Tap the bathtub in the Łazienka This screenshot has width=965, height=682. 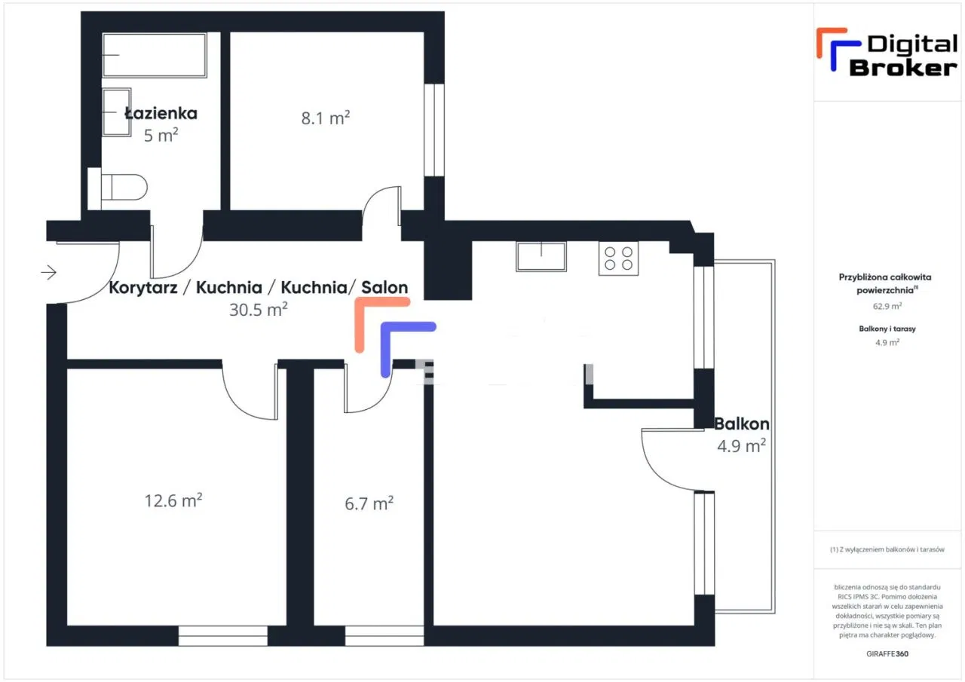click(x=155, y=55)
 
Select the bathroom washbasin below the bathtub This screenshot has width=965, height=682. click(x=117, y=112)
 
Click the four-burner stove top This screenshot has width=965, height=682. click(x=619, y=258)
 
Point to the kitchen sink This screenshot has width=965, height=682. click(x=541, y=257)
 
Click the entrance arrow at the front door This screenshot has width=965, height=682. click(x=49, y=272)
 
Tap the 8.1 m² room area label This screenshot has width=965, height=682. click(x=326, y=118)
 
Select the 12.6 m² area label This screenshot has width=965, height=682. click(x=173, y=500)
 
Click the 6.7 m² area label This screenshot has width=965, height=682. click(x=369, y=503)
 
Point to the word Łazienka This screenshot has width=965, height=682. click(x=161, y=113)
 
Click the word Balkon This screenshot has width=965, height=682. click(x=741, y=424)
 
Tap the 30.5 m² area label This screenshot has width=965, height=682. click(x=259, y=310)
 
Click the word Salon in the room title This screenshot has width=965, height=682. click(x=384, y=287)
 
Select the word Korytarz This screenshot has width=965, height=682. click(x=143, y=288)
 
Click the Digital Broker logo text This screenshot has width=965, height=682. click(x=903, y=56)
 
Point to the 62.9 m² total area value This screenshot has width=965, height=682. click(x=887, y=306)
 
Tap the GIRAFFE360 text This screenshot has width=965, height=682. click(x=887, y=653)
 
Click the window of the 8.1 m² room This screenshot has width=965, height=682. click(x=434, y=130)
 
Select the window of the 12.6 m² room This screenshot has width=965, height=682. click(x=223, y=636)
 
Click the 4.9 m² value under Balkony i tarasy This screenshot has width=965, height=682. click(x=887, y=343)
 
